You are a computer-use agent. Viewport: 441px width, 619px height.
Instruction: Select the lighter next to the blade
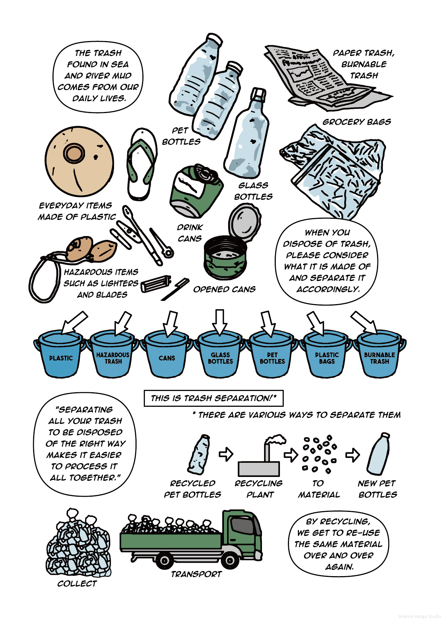coord(156,283)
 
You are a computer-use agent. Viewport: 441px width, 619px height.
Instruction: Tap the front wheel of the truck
coord(229,559)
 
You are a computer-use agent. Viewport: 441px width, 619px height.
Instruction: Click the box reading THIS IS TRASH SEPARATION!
coord(214,398)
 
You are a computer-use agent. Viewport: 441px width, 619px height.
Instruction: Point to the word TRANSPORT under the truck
coord(196,574)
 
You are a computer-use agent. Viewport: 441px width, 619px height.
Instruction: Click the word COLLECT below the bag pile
coord(77,584)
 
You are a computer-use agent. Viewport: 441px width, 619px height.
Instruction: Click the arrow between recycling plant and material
coord(291,455)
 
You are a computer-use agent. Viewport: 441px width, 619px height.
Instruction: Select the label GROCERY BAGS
coord(357,122)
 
